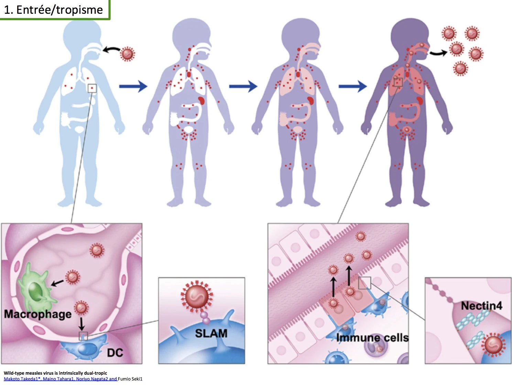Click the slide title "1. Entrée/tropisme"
(54, 10)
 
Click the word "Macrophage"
(38, 314)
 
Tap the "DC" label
(115, 353)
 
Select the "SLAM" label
(211, 333)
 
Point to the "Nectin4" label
(481, 306)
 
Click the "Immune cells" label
(372, 338)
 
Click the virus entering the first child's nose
(128, 54)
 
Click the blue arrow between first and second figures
(133, 86)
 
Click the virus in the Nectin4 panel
(493, 345)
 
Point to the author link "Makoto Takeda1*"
(23, 379)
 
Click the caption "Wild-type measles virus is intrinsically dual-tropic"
(55, 373)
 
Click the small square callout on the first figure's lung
(92, 88)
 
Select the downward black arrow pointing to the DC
(81, 323)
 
